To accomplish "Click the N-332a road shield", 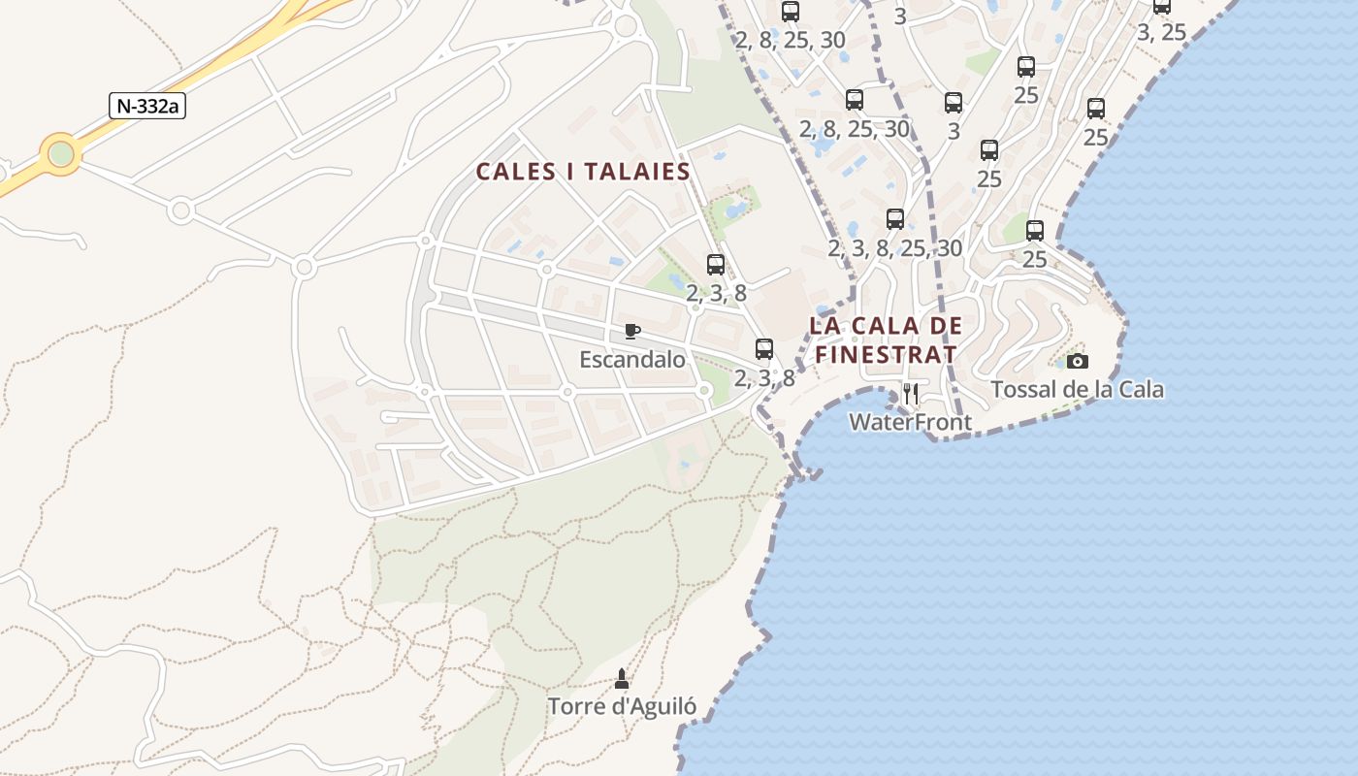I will tap(146, 107).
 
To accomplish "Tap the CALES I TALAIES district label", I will tap(583, 173).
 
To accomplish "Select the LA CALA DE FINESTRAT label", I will tap(885, 339).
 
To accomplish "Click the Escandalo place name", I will tap(632, 360).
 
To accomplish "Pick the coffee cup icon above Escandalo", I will tap(632, 332).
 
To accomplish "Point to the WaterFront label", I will tap(910, 422).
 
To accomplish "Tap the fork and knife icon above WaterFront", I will tap(910, 393).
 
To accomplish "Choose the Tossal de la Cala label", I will tap(1077, 390).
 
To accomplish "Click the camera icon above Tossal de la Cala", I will tap(1077, 362).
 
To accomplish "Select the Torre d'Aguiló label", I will tap(622, 706).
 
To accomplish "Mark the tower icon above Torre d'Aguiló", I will tap(622, 678).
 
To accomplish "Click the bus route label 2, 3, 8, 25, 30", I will tap(894, 248).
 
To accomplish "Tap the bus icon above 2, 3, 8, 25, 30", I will tap(894, 219).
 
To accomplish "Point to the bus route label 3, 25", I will tap(1161, 32).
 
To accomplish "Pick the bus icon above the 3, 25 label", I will tap(1161, 6).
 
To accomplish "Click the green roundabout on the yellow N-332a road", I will tap(61, 153).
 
